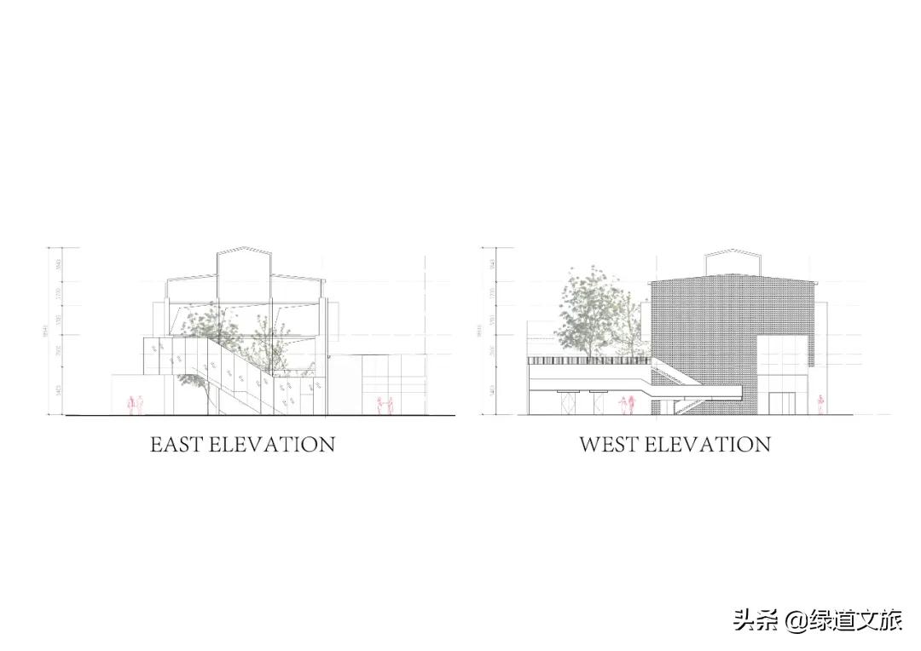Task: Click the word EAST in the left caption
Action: [177, 444]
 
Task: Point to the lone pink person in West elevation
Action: [821, 405]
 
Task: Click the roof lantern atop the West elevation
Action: [733, 262]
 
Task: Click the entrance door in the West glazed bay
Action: [780, 403]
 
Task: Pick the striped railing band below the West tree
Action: [588, 361]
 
